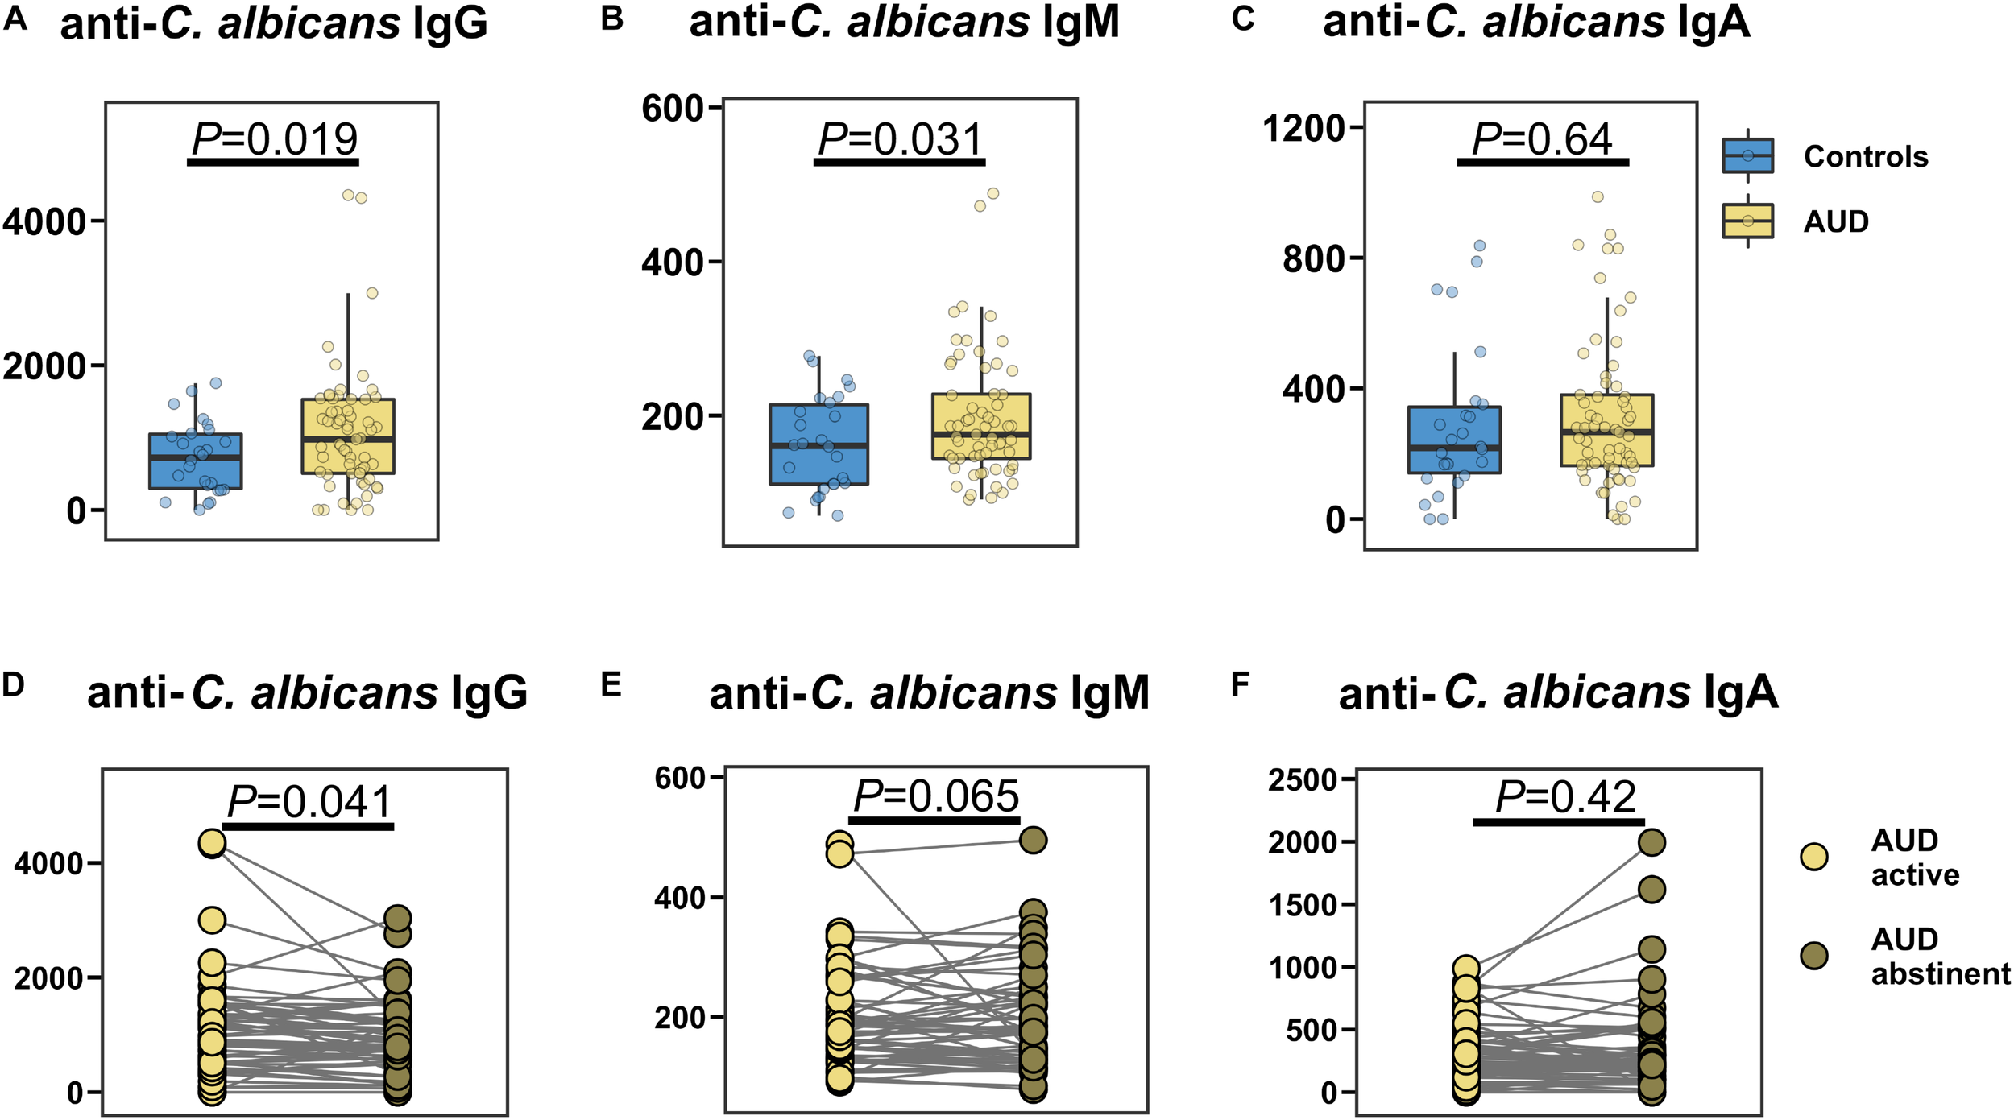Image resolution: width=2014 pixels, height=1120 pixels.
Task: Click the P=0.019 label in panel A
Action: [275, 140]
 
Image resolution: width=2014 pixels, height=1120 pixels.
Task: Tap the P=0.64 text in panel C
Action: [1542, 140]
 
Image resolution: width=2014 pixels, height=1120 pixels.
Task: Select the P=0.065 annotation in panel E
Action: [936, 797]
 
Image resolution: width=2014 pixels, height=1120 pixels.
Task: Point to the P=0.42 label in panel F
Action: [1565, 798]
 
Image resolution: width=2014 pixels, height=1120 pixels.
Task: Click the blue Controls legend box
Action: [1747, 155]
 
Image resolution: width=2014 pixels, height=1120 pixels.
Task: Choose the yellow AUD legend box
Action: [1747, 221]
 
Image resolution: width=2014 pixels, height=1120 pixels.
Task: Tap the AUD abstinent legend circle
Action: [1814, 956]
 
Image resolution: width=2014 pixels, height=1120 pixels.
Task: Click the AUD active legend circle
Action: [1814, 857]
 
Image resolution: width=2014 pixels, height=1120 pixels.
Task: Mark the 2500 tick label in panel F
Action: [1303, 780]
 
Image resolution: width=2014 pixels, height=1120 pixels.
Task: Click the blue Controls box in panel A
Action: [196, 461]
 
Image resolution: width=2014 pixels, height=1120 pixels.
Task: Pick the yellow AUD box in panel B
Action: [981, 427]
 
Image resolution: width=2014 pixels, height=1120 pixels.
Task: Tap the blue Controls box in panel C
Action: [1454, 440]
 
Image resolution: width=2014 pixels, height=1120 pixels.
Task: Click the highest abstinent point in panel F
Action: [1652, 843]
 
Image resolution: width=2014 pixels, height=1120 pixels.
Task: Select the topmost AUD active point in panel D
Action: [212, 843]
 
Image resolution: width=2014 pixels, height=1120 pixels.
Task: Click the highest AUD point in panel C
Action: [1598, 197]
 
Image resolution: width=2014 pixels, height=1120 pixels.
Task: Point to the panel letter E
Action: [611, 685]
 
